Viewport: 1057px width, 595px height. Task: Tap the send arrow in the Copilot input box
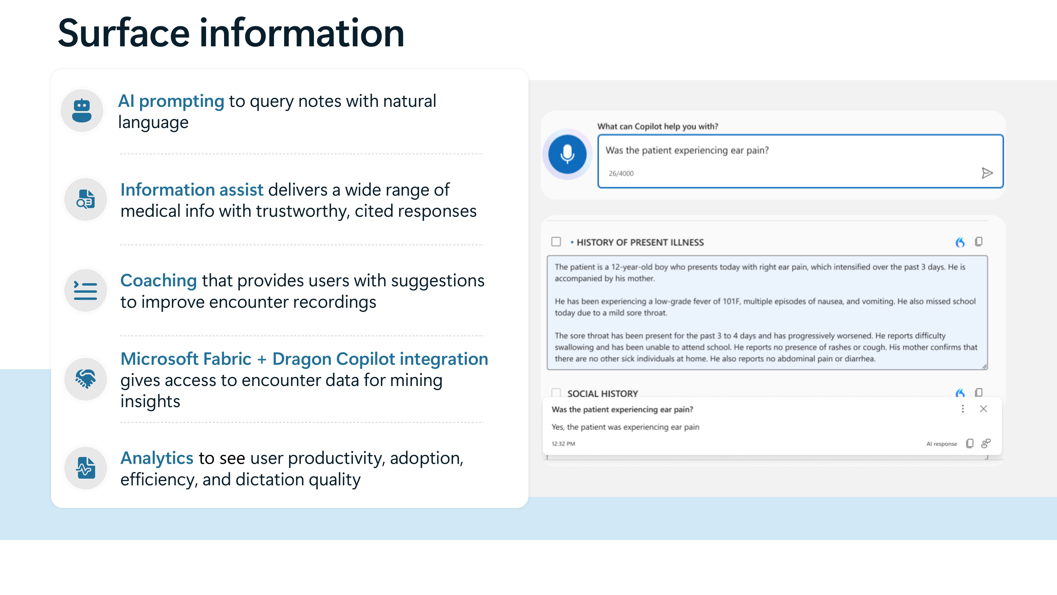(x=987, y=173)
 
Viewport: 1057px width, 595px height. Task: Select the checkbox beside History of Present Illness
(x=556, y=242)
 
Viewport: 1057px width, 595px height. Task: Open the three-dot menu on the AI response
(x=963, y=409)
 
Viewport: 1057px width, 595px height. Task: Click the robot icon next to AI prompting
(x=82, y=111)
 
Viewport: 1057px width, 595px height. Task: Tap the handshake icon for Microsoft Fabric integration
(x=85, y=379)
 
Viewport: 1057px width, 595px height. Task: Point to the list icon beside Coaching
(x=85, y=290)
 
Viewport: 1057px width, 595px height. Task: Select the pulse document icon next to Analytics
(x=85, y=468)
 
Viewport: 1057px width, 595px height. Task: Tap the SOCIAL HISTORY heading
(x=602, y=393)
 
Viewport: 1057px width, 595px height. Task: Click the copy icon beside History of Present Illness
(x=979, y=242)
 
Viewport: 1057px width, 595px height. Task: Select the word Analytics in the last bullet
(x=157, y=458)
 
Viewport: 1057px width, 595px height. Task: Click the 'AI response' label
(x=941, y=444)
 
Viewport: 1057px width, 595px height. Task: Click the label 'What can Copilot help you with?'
(x=657, y=126)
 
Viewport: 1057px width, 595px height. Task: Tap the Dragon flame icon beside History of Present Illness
(x=960, y=242)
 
